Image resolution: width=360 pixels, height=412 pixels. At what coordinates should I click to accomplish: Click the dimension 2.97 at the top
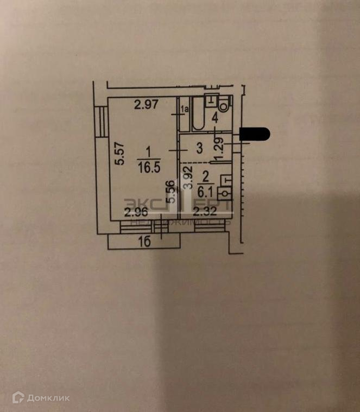pyautogui.click(x=146, y=104)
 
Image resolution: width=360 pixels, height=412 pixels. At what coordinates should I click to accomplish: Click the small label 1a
pyautogui.click(x=185, y=109)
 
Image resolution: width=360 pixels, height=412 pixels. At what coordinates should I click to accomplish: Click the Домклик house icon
pyautogui.click(x=18, y=398)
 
